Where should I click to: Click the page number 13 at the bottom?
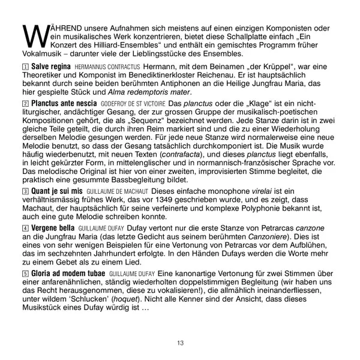tap(180, 343)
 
